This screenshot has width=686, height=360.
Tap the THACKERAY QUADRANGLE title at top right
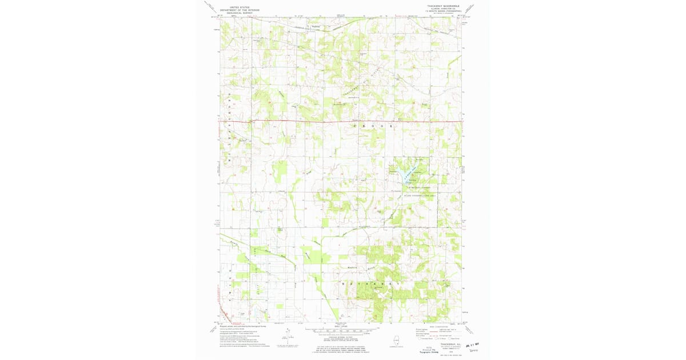443,6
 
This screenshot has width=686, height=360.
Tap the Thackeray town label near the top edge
315,26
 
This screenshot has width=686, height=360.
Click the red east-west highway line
343,121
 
